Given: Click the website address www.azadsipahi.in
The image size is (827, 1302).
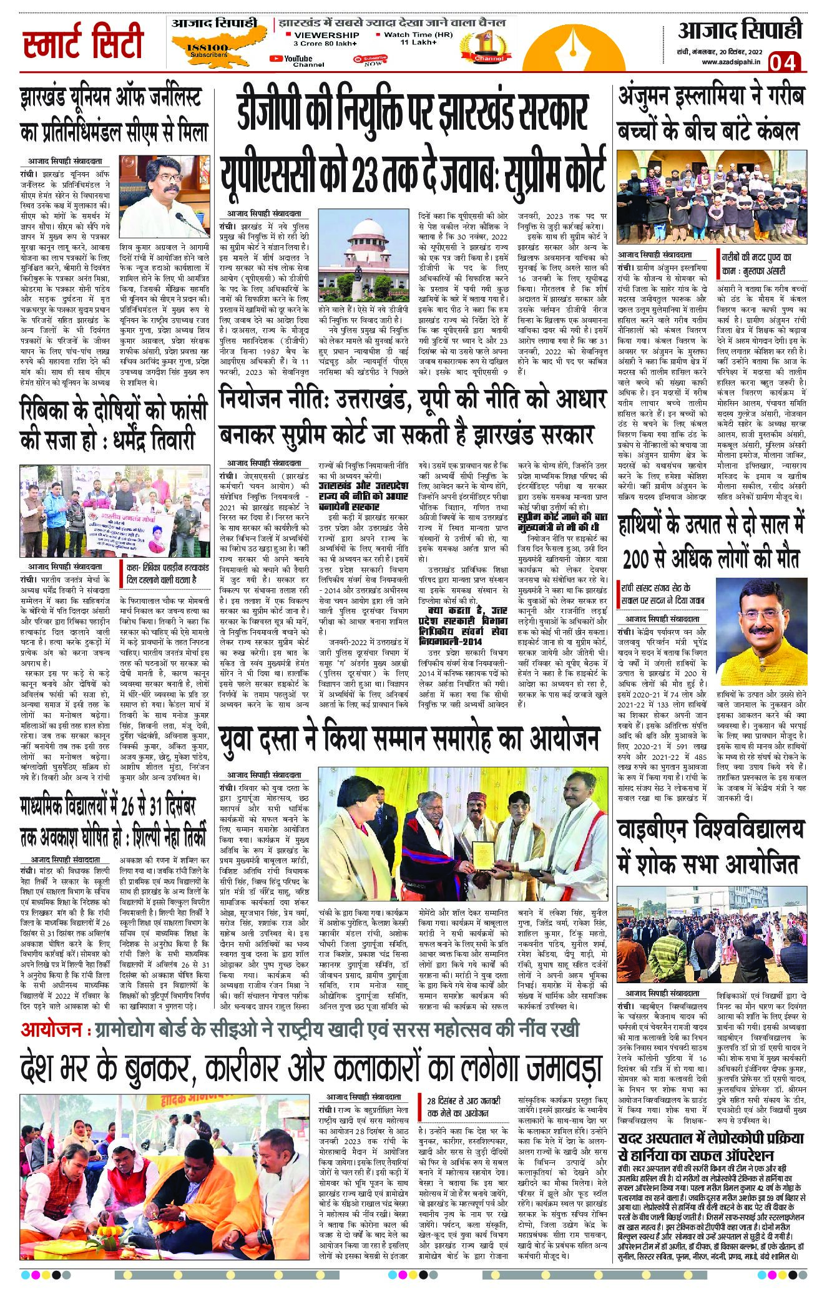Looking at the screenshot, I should click(730, 62).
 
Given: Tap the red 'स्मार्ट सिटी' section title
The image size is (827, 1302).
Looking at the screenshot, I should click(83, 44).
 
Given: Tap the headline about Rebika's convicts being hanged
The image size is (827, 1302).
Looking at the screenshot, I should click(114, 425).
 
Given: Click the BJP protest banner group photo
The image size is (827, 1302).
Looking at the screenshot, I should click(113, 511).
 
